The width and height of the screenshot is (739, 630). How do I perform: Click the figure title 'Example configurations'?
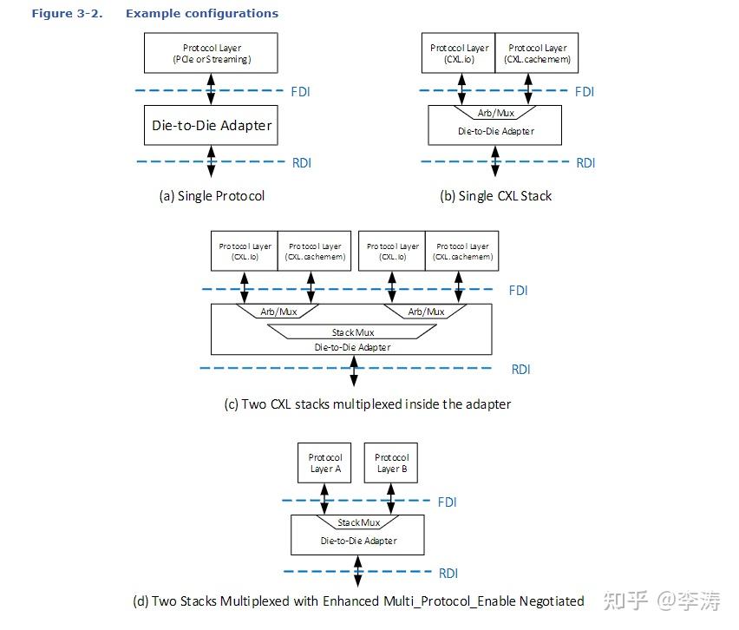(202, 14)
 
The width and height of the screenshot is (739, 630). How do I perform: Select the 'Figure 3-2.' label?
(65, 14)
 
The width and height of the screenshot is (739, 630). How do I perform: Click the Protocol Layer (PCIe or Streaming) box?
(210, 53)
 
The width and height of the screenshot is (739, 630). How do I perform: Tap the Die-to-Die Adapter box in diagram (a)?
(212, 125)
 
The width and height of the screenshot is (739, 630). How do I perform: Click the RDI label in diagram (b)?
(585, 162)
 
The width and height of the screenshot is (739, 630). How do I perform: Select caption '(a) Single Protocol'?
(212, 196)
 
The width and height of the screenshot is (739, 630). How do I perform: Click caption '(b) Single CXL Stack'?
(495, 196)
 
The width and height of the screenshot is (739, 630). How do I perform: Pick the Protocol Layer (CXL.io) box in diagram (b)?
(459, 53)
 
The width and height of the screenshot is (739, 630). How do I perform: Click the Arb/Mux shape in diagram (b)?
(496, 113)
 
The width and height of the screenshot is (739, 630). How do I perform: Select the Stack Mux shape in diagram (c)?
(351, 332)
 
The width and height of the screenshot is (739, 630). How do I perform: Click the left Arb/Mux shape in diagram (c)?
(278, 312)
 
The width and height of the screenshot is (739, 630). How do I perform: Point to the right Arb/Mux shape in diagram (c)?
(426, 312)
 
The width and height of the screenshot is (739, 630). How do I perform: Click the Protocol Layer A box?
(325, 463)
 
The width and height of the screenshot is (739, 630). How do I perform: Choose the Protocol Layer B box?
(391, 463)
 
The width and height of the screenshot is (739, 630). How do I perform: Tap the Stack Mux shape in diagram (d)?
(358, 522)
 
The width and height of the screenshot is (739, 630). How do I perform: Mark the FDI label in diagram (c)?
(518, 291)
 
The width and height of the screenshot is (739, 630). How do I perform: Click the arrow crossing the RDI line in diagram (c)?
(353, 369)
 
